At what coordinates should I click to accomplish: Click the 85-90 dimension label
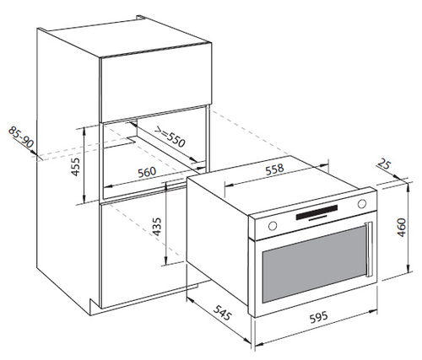click(x=21, y=137)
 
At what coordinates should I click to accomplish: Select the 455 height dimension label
click(x=75, y=167)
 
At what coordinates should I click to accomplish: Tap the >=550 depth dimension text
click(x=170, y=137)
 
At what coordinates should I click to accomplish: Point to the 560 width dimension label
click(x=147, y=172)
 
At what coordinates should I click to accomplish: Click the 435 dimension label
click(x=157, y=227)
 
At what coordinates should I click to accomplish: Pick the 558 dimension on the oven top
click(x=274, y=169)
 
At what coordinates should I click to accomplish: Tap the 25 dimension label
click(x=384, y=164)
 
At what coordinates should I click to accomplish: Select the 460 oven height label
click(x=402, y=228)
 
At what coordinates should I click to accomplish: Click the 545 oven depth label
click(x=222, y=313)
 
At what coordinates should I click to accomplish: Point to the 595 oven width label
click(x=319, y=317)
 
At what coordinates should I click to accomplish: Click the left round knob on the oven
click(x=273, y=226)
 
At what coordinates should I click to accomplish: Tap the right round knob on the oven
click(x=362, y=203)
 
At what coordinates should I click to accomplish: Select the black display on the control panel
click(x=316, y=212)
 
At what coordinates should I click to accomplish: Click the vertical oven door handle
click(x=369, y=250)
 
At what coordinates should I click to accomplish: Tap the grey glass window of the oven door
click(x=315, y=264)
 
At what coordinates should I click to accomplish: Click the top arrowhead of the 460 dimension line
click(x=408, y=185)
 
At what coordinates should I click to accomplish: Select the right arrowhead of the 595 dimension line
click(x=373, y=311)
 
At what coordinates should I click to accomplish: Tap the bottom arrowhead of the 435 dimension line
click(x=166, y=258)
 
